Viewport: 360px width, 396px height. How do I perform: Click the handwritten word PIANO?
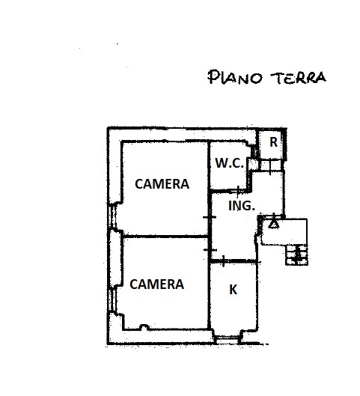point(234,77)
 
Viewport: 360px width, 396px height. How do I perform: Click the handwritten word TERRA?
point(298,78)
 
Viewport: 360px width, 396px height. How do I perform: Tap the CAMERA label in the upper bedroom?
point(162,184)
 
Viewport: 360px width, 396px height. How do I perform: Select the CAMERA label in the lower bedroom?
point(156,284)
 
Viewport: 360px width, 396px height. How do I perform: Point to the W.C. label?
point(229,163)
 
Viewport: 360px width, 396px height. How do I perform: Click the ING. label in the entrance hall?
point(242,206)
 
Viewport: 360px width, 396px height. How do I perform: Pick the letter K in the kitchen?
point(234,290)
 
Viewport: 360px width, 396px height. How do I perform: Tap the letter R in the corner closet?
point(273,142)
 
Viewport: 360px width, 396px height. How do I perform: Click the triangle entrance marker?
point(274,224)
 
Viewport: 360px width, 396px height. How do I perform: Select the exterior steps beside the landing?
point(296,255)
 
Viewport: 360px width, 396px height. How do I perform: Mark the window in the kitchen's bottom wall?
point(227,340)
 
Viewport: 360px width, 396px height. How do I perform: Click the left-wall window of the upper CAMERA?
point(112,216)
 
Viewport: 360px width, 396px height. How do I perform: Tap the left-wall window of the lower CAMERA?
point(112,299)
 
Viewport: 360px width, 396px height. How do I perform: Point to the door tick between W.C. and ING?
point(238,192)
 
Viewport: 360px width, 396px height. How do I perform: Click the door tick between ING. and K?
point(223,261)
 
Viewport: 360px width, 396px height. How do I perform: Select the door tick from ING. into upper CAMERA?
point(210,217)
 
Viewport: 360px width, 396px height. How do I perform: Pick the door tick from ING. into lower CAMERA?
point(210,250)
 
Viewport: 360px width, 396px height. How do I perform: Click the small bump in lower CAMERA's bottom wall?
point(144,327)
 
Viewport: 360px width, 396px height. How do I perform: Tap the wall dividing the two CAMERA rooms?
point(165,237)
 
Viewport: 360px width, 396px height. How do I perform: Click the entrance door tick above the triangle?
point(275,216)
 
